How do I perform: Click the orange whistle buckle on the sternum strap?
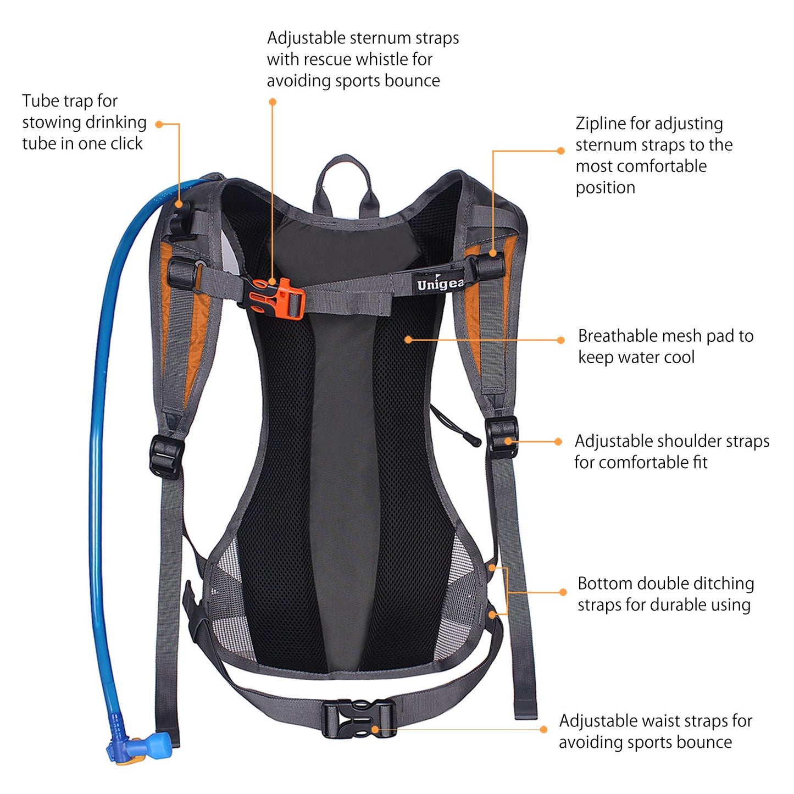276,298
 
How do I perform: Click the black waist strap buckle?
359,719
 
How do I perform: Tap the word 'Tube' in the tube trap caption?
40,101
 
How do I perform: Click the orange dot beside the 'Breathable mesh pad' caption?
560,340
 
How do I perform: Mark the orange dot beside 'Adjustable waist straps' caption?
543,730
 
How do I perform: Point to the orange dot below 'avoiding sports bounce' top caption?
273,102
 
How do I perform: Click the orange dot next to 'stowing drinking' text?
159,124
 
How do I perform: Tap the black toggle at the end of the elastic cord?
473,439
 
